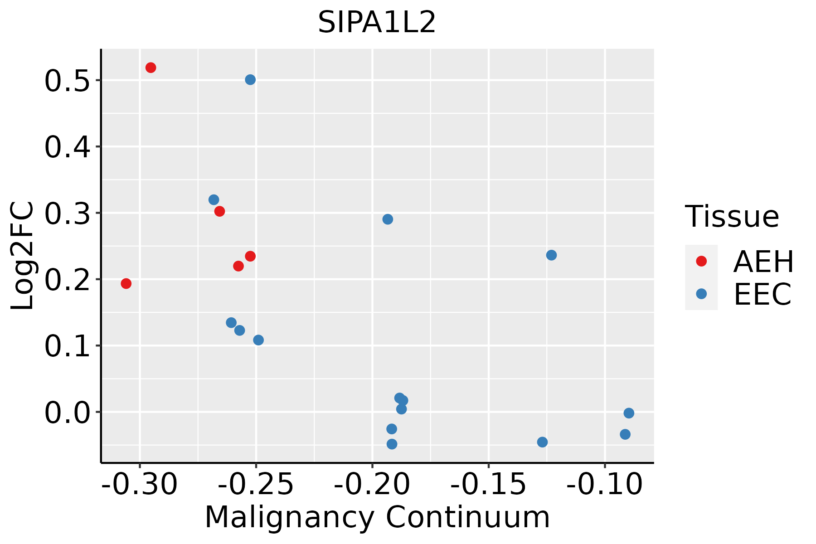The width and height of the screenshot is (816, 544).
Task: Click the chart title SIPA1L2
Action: pyautogui.click(x=377, y=23)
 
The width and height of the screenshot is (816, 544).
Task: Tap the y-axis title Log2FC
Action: pyautogui.click(x=23, y=256)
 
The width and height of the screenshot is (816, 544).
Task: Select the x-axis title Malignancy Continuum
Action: pyautogui.click(x=377, y=517)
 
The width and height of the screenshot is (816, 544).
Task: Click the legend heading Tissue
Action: pyautogui.click(x=732, y=217)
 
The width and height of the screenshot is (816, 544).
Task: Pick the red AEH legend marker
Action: pyautogui.click(x=701, y=261)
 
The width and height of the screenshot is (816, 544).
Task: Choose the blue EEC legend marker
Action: pyautogui.click(x=701, y=294)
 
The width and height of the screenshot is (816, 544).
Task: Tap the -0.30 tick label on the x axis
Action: pyautogui.click(x=140, y=485)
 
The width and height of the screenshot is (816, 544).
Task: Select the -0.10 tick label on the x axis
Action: pyautogui.click(x=604, y=485)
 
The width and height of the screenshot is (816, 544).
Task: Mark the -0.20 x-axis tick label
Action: pyautogui.click(x=372, y=485)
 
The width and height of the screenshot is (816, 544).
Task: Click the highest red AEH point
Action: pyautogui.click(x=151, y=68)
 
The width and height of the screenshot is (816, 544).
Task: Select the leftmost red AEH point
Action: pyautogui.click(x=126, y=283)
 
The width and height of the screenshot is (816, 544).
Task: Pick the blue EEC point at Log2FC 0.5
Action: pyautogui.click(x=250, y=80)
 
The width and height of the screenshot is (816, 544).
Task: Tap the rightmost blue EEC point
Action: pyautogui.click(x=629, y=413)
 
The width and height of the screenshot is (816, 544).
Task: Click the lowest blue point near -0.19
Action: pyautogui.click(x=392, y=444)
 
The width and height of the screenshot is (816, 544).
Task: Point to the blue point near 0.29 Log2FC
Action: pyautogui.click(x=388, y=219)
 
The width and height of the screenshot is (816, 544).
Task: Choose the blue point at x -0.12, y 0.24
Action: pyautogui.click(x=551, y=255)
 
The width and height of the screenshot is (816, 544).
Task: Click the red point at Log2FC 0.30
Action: pyautogui.click(x=220, y=211)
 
